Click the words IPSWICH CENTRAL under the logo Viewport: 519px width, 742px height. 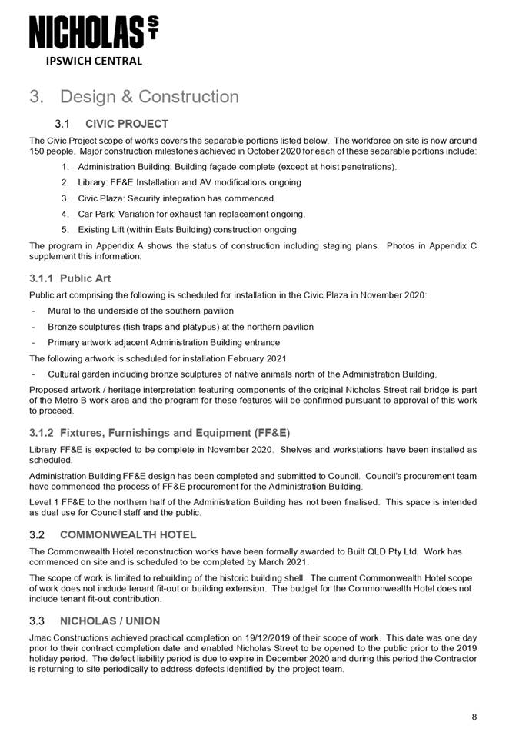(94, 61)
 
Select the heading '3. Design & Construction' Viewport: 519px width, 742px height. (134, 97)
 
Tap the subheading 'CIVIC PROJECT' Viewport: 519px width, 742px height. (127, 124)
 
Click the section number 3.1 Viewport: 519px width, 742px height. (63, 124)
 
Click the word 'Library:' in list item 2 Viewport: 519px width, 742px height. (95, 183)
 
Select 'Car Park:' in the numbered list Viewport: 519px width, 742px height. (98, 214)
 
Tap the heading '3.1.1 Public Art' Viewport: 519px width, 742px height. (70, 278)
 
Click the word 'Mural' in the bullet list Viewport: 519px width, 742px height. (61, 311)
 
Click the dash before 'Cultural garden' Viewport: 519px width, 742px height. (33, 374)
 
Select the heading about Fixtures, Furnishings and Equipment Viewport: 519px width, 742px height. (159, 432)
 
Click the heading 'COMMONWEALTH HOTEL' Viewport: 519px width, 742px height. (128, 534)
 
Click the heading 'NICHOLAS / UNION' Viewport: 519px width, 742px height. (110, 621)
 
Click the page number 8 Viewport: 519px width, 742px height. (474, 717)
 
